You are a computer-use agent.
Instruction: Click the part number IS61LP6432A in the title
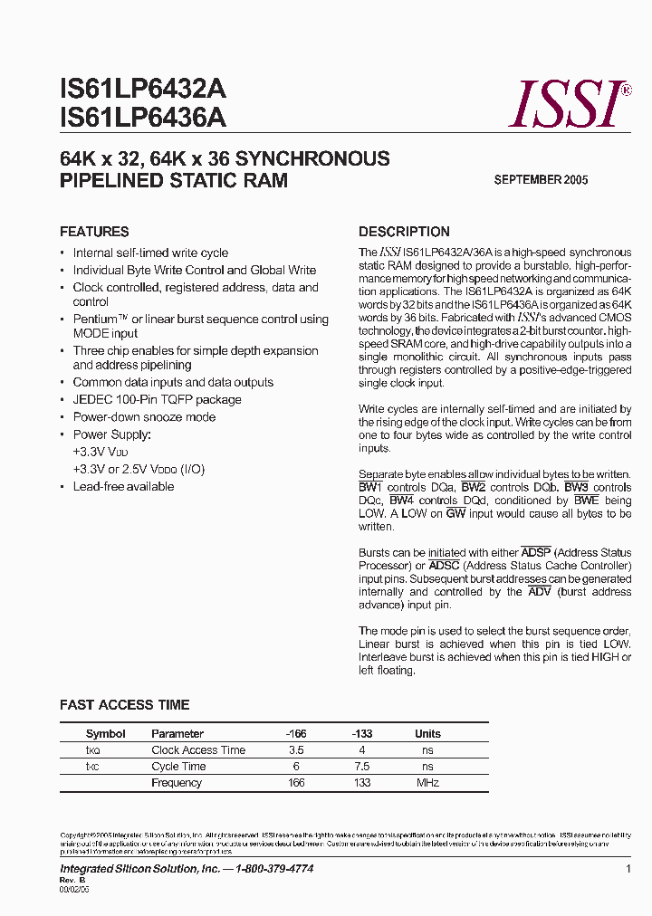[143, 90]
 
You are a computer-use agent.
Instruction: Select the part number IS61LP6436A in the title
[143, 119]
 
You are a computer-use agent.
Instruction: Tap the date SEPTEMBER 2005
[541, 180]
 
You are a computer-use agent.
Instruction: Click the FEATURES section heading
[94, 232]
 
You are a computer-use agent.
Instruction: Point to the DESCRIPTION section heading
[404, 232]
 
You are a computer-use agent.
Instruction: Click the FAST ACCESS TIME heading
[124, 705]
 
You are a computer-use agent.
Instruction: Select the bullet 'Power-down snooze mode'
[144, 417]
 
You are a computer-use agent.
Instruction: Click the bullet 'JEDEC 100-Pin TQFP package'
[157, 400]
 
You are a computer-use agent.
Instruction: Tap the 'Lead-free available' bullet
[123, 487]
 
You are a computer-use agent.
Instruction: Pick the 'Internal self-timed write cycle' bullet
[150, 253]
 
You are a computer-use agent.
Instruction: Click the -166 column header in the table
[296, 734]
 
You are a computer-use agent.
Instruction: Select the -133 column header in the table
[362, 734]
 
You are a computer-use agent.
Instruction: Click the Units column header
[427, 734]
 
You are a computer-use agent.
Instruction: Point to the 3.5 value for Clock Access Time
[296, 750]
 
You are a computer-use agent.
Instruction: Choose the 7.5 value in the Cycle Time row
[362, 767]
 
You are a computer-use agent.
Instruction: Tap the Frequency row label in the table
[177, 783]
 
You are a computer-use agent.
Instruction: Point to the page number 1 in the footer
[628, 869]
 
